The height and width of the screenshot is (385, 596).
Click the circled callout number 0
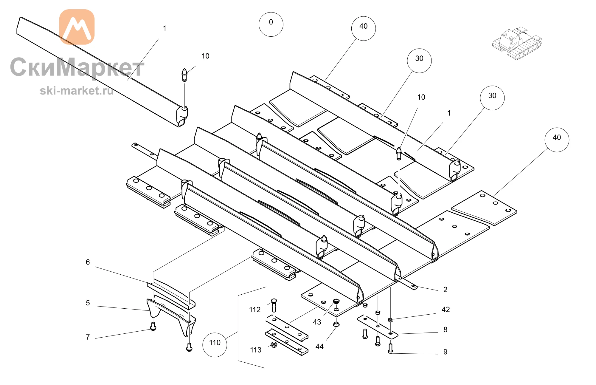pos(271,24)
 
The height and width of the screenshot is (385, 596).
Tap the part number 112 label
pos(255,310)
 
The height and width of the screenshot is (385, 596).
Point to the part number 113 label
pos(256,350)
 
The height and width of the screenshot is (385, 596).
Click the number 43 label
pos(317,322)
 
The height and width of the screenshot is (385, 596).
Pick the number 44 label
pos(319,347)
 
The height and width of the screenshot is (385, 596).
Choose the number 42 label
pos(446,310)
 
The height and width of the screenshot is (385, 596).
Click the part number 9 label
pos(445,352)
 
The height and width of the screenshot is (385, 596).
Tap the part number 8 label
pos(445,330)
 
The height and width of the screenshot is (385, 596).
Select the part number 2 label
pos(445,290)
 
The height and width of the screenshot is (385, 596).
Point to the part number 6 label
pos(88,262)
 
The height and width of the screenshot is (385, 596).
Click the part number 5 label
pos(88,303)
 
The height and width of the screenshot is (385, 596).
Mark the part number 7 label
pos(88,337)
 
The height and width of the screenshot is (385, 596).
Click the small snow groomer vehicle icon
pos(517,43)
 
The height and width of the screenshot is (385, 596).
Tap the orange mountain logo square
pos(77,27)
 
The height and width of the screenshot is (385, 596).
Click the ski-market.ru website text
pos(77,91)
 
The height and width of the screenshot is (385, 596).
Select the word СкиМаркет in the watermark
pos(77,67)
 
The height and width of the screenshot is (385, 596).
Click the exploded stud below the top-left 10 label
pos(184,75)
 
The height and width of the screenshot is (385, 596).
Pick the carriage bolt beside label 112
pos(274,305)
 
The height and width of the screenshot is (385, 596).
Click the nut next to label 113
pos(274,345)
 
